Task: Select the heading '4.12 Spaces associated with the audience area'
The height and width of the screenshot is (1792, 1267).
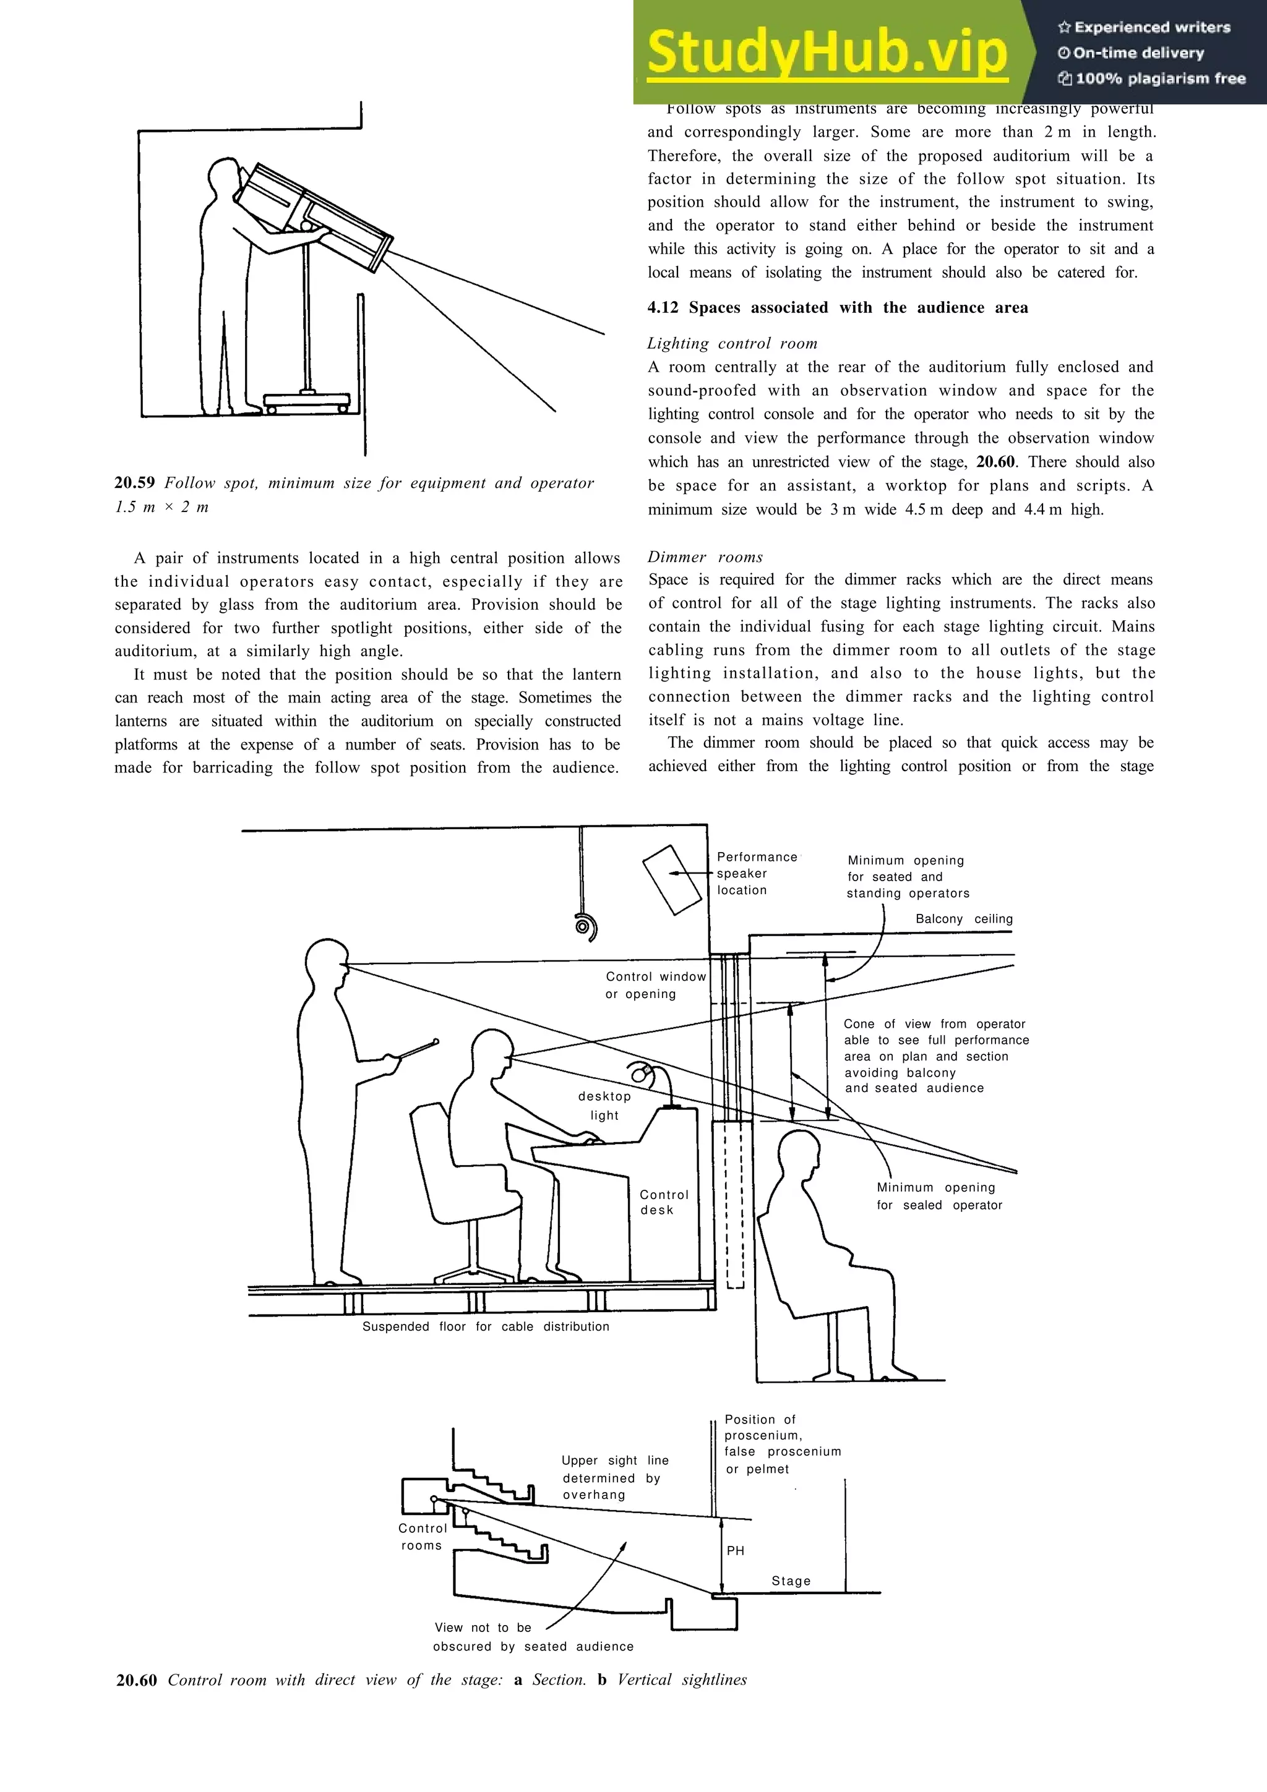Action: [837, 307]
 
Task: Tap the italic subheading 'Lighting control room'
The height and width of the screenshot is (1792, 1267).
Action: [731, 343]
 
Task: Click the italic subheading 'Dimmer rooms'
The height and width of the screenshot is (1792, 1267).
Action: [704, 557]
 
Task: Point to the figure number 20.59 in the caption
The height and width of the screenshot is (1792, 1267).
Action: [134, 483]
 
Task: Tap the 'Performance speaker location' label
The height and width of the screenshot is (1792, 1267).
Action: [755, 873]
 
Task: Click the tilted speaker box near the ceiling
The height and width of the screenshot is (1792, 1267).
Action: [671, 879]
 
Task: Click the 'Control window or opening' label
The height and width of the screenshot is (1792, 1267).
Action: [655, 985]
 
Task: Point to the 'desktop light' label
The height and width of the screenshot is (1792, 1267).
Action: [604, 1105]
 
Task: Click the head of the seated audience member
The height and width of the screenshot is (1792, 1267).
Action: [799, 1156]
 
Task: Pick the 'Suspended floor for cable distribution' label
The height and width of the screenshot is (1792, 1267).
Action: [486, 1326]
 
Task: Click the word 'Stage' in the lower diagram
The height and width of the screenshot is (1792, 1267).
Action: [791, 1581]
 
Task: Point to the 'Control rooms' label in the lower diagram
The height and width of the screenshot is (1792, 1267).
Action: [423, 1537]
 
